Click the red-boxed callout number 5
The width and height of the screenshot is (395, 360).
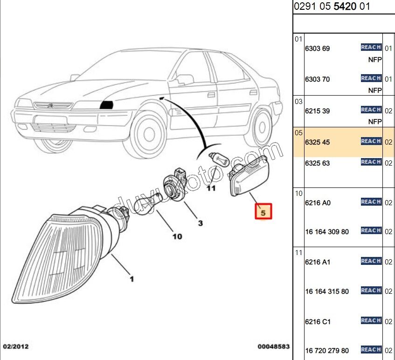263,212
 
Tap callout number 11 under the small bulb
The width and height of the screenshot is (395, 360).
211,188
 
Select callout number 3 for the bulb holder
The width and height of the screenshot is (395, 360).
200,223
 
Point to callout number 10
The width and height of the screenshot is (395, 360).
177,236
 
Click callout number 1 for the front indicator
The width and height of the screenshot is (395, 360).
132,279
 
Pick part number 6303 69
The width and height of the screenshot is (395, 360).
317,48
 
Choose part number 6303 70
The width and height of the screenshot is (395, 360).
317,79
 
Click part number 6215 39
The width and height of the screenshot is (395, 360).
317,111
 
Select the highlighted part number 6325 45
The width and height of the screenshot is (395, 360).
317,142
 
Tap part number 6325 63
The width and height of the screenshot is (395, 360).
317,163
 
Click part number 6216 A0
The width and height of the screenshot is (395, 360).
317,203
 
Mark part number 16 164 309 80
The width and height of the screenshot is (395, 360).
326,232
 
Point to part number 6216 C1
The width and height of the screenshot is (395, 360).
317,322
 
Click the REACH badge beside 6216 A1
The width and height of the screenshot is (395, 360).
371,261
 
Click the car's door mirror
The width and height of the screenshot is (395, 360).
185,79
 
